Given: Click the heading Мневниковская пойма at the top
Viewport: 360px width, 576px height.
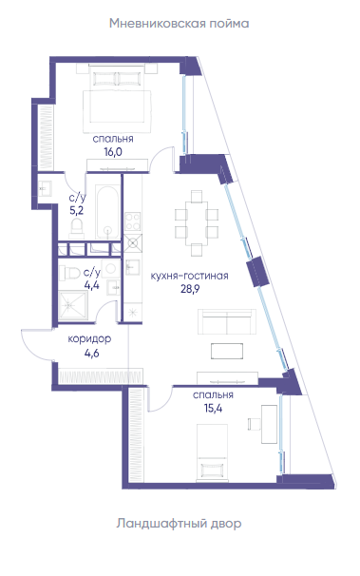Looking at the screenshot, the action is pyautogui.click(x=180, y=24).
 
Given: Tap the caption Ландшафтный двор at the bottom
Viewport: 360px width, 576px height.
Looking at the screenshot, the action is pyautogui.click(x=180, y=523).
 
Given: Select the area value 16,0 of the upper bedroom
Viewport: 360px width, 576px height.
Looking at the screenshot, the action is pyautogui.click(x=113, y=152).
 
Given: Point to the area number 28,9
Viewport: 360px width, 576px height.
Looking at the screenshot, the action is pyautogui.click(x=190, y=289).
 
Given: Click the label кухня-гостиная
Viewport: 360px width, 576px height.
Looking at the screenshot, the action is pyautogui.click(x=190, y=276).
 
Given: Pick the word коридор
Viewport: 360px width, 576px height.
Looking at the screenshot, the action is pyautogui.click(x=89, y=339).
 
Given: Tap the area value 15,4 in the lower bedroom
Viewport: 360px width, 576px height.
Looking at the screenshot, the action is pyautogui.click(x=213, y=408).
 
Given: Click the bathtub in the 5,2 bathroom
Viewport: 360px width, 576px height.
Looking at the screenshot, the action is pyautogui.click(x=107, y=211).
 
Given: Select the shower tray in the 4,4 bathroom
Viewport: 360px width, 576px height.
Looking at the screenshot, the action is pyautogui.click(x=74, y=305).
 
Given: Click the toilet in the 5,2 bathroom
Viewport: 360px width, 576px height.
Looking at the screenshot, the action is pyautogui.click(x=77, y=226).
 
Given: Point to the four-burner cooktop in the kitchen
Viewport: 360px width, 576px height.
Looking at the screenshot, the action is pyautogui.click(x=132, y=221).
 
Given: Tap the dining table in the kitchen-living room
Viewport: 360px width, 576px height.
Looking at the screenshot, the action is pyautogui.click(x=197, y=222).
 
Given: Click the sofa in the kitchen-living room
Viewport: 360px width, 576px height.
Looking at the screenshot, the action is pyautogui.click(x=227, y=321).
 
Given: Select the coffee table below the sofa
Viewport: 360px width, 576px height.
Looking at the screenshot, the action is pyautogui.click(x=227, y=351).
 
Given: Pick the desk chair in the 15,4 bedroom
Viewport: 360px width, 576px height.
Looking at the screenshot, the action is pyautogui.click(x=254, y=424).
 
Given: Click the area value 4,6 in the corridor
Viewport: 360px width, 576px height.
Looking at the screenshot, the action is pyautogui.click(x=91, y=354).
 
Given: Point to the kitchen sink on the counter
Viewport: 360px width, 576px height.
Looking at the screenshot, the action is pyautogui.click(x=132, y=267).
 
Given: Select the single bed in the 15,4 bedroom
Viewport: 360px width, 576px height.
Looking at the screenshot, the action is pyautogui.click(x=212, y=452).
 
